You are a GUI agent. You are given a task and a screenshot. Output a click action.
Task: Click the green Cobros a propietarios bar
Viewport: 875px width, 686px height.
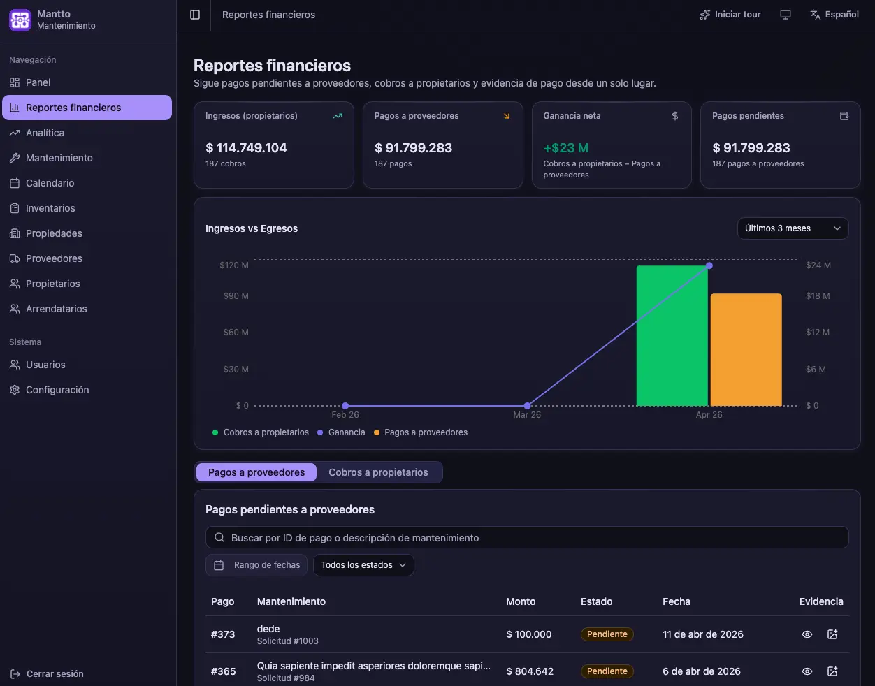[x=672, y=335]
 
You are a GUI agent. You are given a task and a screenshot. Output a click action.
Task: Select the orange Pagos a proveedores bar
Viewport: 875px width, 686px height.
[x=746, y=350]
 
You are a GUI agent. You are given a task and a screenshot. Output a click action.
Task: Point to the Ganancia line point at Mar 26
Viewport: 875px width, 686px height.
[x=527, y=406]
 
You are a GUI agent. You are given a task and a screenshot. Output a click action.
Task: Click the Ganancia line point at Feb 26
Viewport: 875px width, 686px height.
[x=345, y=406]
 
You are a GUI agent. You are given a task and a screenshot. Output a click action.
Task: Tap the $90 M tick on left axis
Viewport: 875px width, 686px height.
[x=236, y=295]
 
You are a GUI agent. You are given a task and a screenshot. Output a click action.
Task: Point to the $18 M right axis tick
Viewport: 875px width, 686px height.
[x=818, y=295]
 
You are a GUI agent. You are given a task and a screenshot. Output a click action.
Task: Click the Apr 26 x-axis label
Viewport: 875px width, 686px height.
[x=709, y=415]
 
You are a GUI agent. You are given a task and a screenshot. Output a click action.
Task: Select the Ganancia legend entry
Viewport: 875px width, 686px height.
[x=342, y=432]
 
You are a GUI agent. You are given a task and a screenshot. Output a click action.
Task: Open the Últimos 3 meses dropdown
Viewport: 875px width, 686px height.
[x=793, y=228]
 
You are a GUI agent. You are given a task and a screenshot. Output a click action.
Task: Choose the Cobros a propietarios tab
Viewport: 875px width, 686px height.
[x=378, y=472]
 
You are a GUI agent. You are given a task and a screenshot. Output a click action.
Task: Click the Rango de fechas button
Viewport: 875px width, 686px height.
[x=256, y=565]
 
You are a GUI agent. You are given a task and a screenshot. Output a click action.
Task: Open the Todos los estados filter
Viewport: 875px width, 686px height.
[x=363, y=565]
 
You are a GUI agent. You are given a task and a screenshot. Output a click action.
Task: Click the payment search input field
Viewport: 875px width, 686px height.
[x=527, y=537]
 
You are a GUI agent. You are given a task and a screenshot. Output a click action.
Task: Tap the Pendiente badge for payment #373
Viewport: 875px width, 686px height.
[x=607, y=634]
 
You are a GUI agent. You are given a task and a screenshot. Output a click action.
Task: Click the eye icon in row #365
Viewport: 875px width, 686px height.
[x=807, y=671]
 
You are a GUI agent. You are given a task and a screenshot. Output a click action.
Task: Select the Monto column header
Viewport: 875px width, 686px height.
[x=521, y=601]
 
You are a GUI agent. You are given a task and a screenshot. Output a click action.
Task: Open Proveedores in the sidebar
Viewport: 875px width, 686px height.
[x=54, y=258]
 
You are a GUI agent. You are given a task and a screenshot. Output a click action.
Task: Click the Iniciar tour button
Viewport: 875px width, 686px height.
[x=730, y=15]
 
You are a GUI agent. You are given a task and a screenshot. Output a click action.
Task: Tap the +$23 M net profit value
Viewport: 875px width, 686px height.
[x=566, y=147]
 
